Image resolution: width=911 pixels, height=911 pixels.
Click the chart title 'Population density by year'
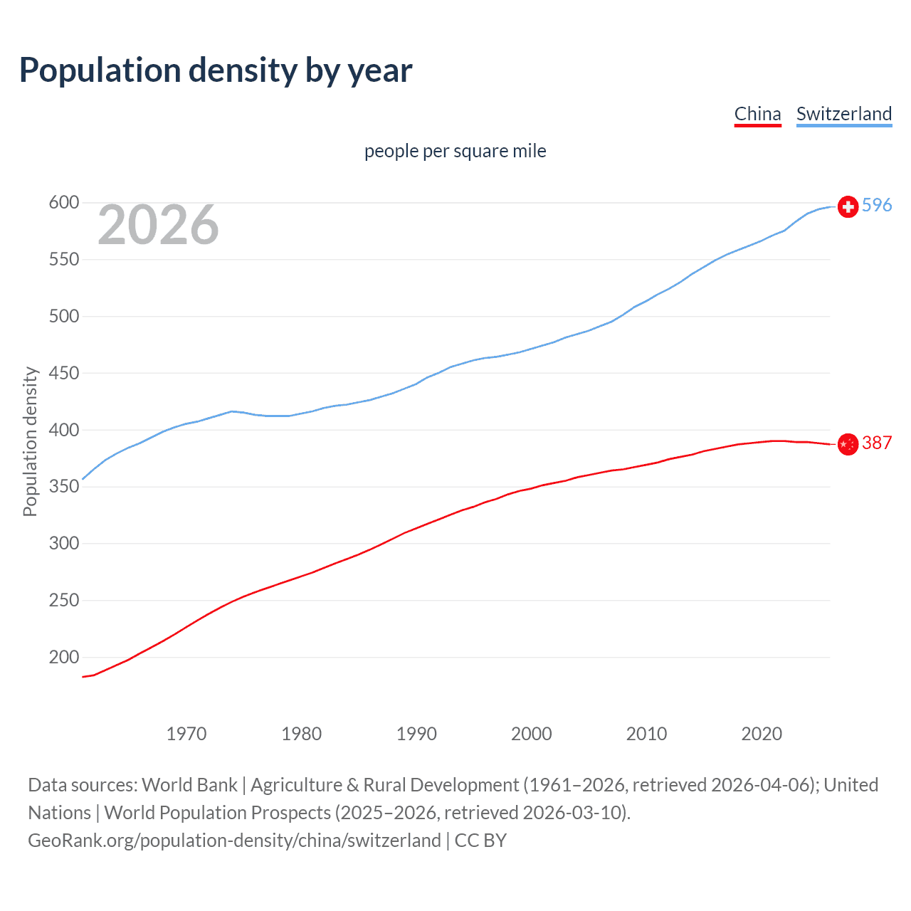pyautogui.click(x=216, y=70)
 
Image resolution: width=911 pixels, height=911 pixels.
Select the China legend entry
pyautogui.click(x=757, y=114)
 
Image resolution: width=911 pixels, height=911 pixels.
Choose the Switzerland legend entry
pyautogui.click(x=843, y=114)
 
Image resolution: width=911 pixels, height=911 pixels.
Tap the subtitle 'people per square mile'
pyautogui.click(x=455, y=151)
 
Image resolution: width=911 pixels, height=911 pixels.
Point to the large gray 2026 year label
pyautogui.click(x=158, y=225)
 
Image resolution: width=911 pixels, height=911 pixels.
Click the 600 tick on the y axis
pyautogui.click(x=63, y=203)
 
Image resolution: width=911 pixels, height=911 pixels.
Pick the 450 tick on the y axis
pyautogui.click(x=63, y=373)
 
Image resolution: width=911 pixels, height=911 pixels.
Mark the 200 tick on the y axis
pyautogui.click(x=63, y=657)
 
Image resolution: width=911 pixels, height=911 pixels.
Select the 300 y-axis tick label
pyautogui.click(x=63, y=543)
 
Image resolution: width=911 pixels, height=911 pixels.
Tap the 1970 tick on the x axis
pyautogui.click(x=186, y=734)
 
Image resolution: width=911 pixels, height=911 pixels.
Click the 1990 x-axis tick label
pyautogui.click(x=416, y=734)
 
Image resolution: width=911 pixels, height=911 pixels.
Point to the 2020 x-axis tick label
pyautogui.click(x=762, y=734)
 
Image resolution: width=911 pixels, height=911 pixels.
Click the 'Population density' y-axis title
pyautogui.click(x=30, y=441)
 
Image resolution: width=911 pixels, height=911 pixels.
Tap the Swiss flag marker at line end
pyautogui.click(x=848, y=206)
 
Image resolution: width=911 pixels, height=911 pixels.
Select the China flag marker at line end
pyautogui.click(x=848, y=444)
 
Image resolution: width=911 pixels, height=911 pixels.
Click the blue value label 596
pyautogui.click(x=877, y=205)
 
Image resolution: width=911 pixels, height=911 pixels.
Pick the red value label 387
pyautogui.click(x=877, y=443)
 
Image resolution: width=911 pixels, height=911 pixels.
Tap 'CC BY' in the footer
pyautogui.click(x=480, y=840)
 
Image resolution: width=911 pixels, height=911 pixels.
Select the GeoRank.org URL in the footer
pyautogui.click(x=234, y=840)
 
